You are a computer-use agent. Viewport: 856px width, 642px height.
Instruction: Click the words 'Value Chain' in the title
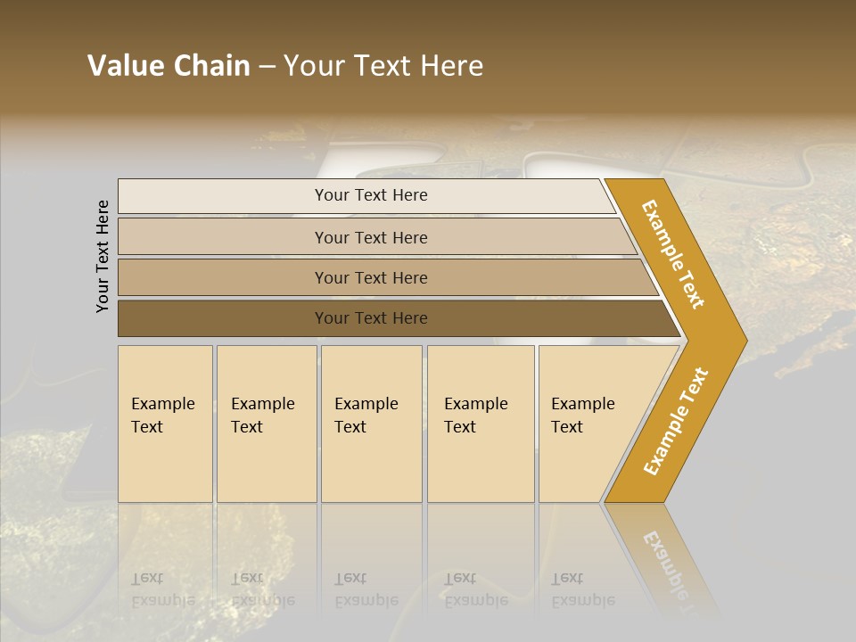(169, 66)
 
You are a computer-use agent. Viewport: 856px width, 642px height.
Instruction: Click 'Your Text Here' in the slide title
(383, 66)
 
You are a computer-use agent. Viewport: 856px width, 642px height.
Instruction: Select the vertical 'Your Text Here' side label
(103, 256)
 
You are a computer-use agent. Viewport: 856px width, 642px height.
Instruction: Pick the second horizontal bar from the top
(371, 237)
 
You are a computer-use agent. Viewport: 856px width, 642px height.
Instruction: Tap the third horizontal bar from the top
(371, 277)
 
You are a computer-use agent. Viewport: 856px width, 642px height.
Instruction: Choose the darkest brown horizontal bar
(371, 318)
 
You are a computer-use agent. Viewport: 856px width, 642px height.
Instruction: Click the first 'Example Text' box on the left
(165, 424)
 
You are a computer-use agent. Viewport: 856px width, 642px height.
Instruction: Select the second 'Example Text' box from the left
(267, 424)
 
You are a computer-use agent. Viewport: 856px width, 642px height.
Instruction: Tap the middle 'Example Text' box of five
(371, 424)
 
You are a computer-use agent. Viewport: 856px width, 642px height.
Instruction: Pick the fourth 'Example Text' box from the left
(481, 424)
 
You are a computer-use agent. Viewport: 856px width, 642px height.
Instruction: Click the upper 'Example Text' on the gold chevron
(673, 254)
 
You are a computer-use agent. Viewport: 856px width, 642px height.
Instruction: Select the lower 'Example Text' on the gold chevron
(676, 422)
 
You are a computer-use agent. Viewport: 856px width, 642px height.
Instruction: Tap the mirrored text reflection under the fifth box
(583, 589)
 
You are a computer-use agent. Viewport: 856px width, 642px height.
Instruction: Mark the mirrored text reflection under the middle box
(366, 589)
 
